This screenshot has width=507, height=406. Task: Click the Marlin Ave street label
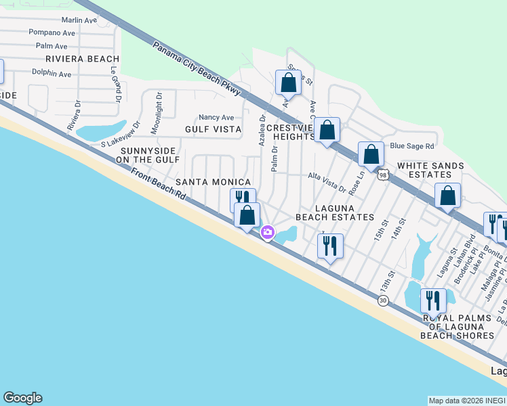tap(79, 20)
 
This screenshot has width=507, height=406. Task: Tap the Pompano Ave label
tap(52, 32)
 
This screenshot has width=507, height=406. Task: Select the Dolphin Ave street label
tap(51, 74)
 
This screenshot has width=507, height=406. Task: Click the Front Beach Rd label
tap(159, 183)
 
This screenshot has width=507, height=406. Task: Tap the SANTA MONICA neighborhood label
tap(214, 182)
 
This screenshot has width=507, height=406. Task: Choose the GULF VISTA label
tap(213, 129)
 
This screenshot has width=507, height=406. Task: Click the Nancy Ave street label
tap(216, 117)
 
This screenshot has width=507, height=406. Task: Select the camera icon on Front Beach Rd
tap(268, 233)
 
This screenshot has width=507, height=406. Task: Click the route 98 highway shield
tap(383, 175)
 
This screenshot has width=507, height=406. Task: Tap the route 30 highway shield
tap(383, 300)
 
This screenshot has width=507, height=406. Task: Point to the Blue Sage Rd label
tap(411, 145)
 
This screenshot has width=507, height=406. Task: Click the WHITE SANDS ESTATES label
tap(430, 170)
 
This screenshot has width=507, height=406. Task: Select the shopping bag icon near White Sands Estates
tap(447, 196)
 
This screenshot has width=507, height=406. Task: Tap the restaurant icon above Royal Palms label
tap(433, 301)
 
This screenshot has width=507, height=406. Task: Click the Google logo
tap(22, 398)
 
